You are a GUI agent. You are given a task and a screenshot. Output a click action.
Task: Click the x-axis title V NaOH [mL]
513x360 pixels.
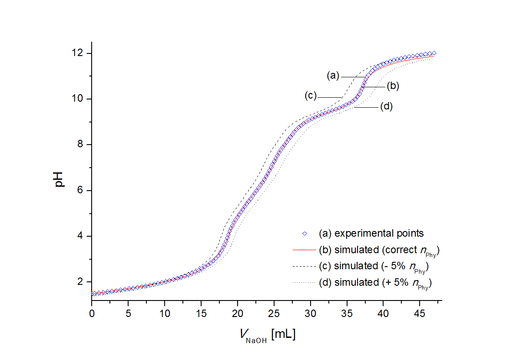[x=267, y=335]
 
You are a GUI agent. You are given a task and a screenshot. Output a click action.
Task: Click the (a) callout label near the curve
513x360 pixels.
[x=333, y=76]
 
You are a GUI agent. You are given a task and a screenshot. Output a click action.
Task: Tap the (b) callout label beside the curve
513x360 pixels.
[x=393, y=86]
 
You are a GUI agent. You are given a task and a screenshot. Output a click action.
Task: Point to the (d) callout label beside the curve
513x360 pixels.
[x=386, y=106]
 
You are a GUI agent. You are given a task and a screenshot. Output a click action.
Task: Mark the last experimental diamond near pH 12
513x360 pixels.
[x=434, y=53]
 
